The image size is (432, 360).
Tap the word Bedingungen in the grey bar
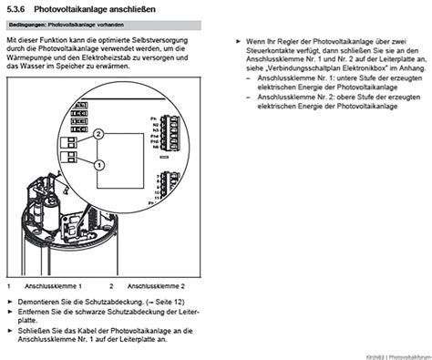click(x=27, y=26)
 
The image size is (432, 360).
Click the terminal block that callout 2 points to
click(x=69, y=143)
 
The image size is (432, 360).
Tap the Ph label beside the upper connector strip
click(x=151, y=118)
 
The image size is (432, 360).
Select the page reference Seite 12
click(x=170, y=299)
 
